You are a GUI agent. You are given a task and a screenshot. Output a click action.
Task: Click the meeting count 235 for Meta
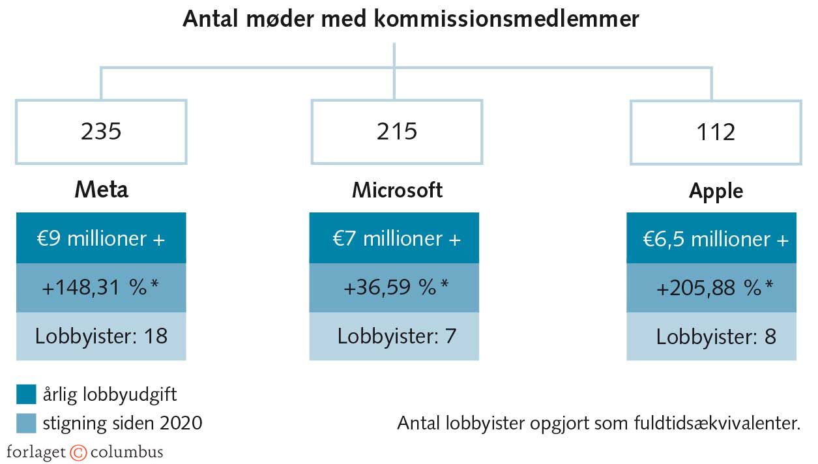tap(101, 132)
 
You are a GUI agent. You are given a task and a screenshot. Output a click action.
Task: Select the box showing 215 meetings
tap(396, 132)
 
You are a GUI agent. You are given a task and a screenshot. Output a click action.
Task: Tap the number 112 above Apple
tap(715, 132)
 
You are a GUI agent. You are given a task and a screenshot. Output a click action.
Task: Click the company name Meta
tap(101, 190)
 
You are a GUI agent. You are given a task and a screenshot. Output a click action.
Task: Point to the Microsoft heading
tap(397, 190)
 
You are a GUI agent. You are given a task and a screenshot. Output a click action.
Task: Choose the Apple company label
tap(716, 191)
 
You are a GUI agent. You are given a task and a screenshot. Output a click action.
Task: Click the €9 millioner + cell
tap(101, 239)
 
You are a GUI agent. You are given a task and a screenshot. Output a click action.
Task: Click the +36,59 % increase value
tap(396, 287)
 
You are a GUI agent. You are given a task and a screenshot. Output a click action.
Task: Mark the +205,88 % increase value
tap(715, 288)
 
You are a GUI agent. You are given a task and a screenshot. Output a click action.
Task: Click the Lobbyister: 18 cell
tap(101, 336)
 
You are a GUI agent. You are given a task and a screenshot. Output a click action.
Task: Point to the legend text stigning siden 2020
tap(123, 424)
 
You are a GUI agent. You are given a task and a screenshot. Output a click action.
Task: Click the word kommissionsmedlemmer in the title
tap(506, 19)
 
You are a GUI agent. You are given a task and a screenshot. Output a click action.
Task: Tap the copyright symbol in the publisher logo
tap(78, 452)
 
